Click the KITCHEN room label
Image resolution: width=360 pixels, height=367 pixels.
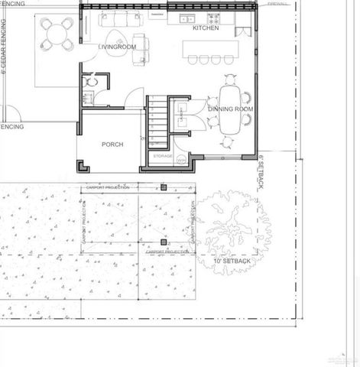click(x=206, y=28)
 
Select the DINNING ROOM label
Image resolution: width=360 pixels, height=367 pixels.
click(x=230, y=109)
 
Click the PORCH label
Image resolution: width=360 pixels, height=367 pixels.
click(x=113, y=144)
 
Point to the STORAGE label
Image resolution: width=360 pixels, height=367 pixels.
click(x=162, y=156)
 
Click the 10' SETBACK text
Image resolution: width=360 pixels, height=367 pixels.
click(x=232, y=261)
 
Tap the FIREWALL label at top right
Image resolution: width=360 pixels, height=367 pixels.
click(x=277, y=5)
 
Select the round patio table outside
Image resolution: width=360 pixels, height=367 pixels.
click(x=58, y=33)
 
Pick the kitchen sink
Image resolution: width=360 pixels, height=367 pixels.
click(x=186, y=17)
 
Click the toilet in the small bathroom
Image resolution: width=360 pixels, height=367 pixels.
click(x=92, y=80)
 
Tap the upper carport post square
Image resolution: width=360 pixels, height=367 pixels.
click(x=163, y=187)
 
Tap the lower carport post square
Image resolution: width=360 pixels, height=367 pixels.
click(x=163, y=242)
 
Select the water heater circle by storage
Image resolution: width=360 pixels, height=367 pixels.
click(x=181, y=161)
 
